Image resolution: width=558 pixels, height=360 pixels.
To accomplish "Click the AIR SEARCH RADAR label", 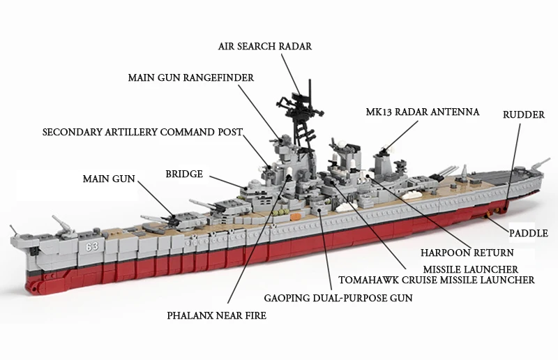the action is pos(265,46).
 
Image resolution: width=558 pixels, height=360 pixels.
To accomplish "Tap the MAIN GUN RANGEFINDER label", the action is pos(191,77).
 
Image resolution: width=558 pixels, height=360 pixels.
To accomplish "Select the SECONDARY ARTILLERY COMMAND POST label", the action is pos(142,132).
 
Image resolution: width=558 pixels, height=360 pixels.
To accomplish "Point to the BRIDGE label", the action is pos(184,174).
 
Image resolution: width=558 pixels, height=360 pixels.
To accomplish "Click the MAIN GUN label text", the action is pos(109,179).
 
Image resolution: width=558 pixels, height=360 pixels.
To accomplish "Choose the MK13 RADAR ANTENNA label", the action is pos(423,112).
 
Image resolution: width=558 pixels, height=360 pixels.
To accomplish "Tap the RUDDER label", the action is pos(524,114).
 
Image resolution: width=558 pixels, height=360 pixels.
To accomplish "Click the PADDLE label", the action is pos(529,233).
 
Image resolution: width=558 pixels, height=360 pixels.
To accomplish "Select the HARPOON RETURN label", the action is pos(467,253).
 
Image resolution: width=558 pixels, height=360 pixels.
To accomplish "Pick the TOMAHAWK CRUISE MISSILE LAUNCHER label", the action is pos(437,280).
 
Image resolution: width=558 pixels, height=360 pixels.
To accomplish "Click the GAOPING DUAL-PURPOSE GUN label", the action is pos(338,298).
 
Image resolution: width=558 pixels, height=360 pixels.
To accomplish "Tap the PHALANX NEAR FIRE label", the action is pos(217,315).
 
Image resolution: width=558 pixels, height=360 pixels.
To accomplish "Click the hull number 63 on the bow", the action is pos(92,246).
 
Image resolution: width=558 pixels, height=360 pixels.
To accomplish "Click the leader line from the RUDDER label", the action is pos(513,166).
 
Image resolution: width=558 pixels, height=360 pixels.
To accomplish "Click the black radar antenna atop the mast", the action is pos(300,98).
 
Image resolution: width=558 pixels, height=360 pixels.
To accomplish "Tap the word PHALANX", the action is pos(186,315).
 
